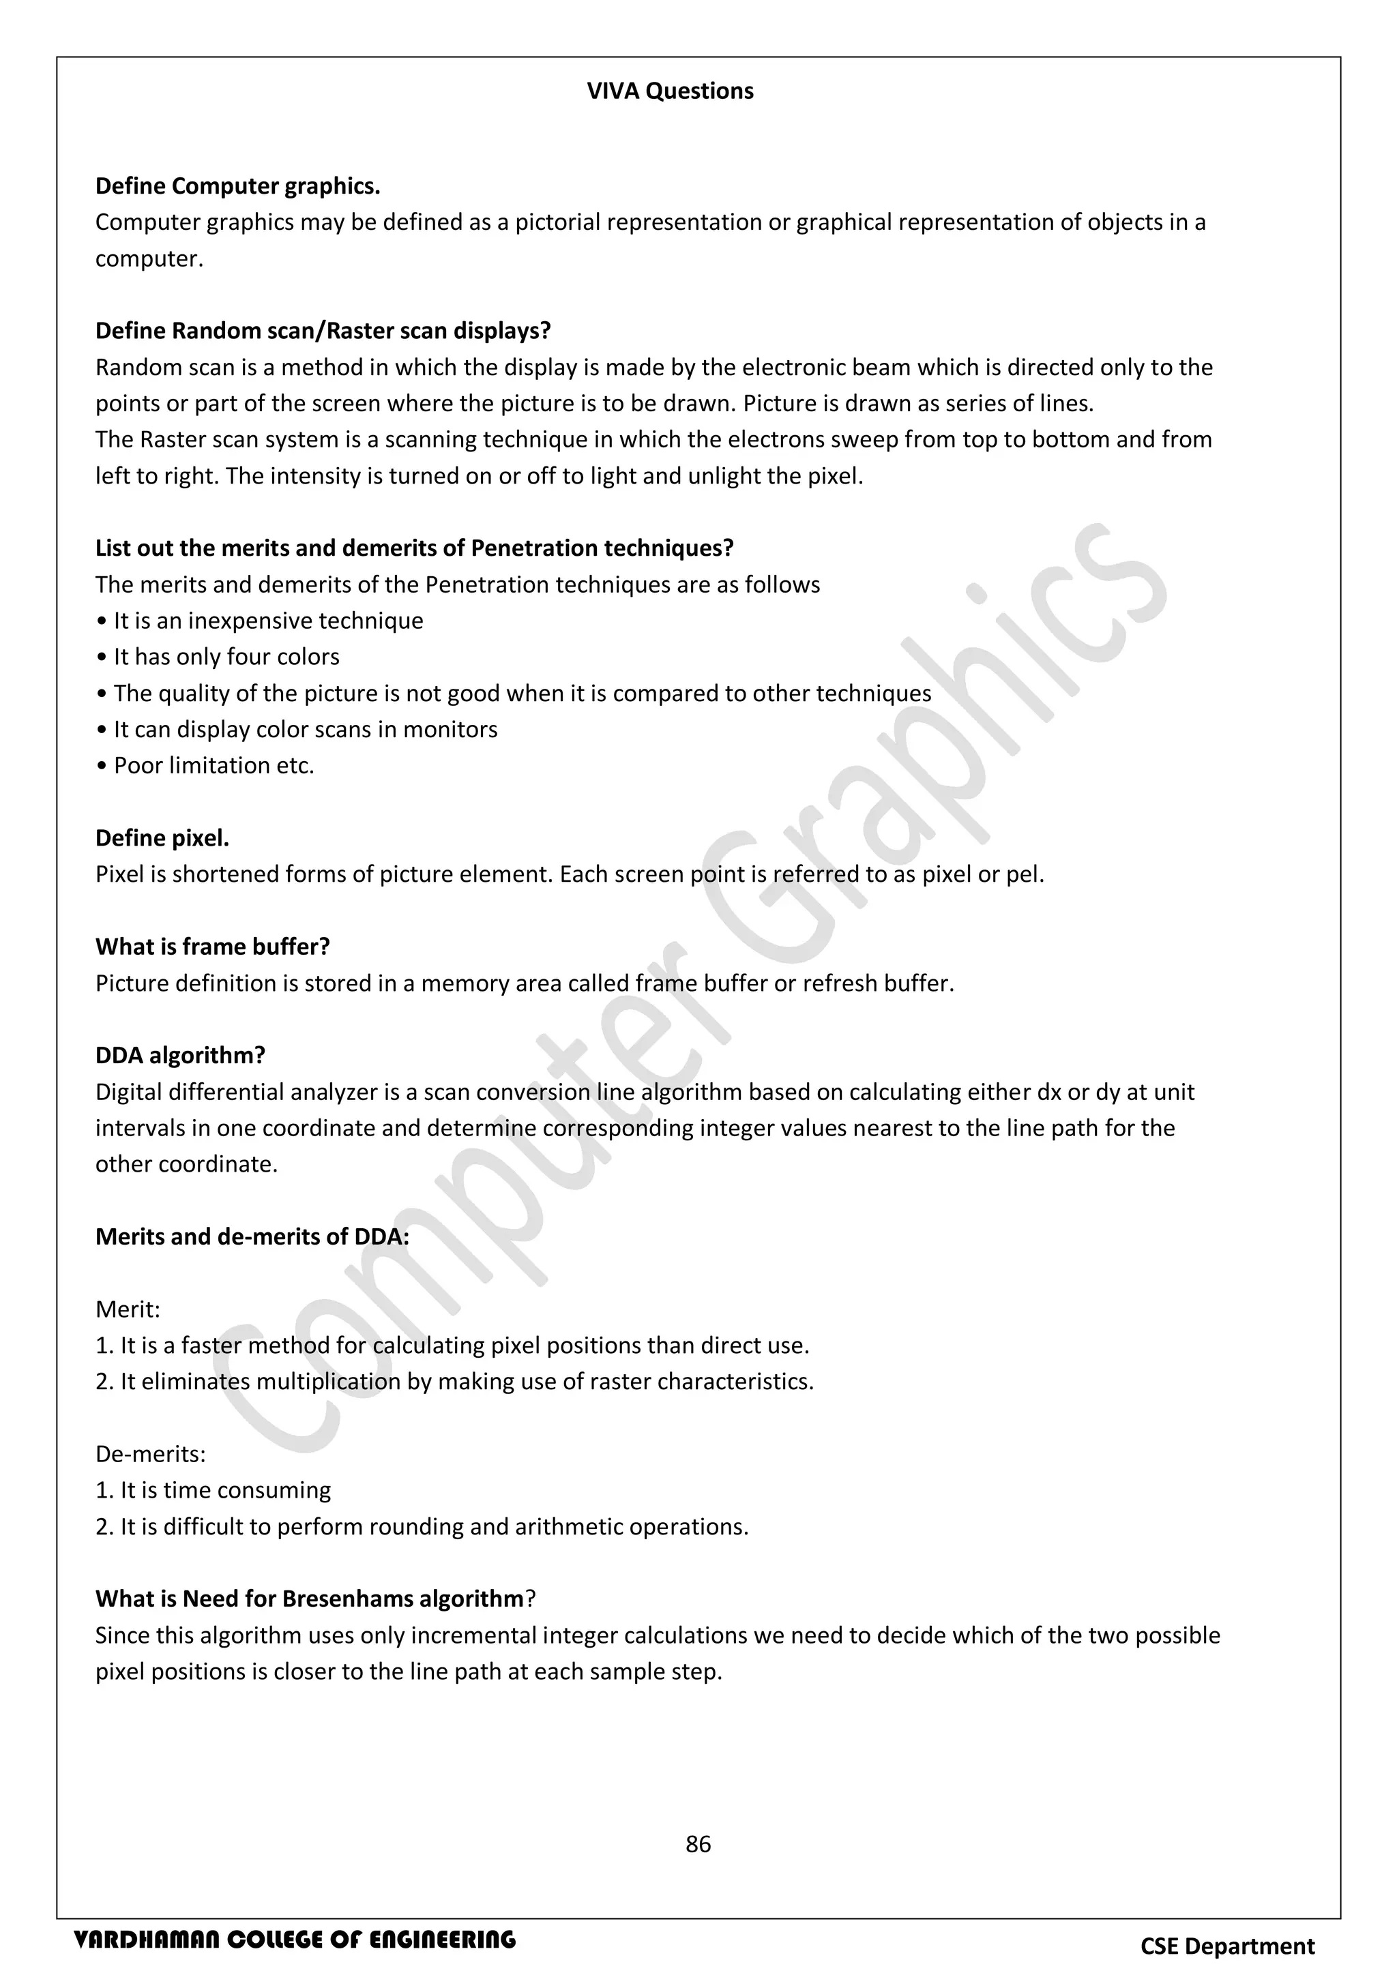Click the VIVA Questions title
[669, 91]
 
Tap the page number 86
[698, 1843]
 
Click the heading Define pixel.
[162, 838]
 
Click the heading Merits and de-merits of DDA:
[252, 1236]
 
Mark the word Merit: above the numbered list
[128, 1309]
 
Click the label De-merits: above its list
[151, 1454]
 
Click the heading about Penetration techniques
[414, 548]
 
